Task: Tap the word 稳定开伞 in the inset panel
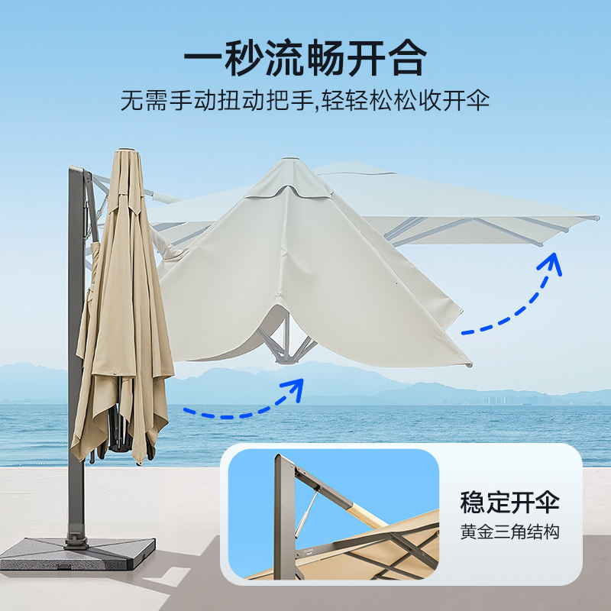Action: [x=509, y=503]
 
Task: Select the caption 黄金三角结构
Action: [x=509, y=532]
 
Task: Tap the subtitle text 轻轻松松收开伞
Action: [x=406, y=101]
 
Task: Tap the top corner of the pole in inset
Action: [x=279, y=458]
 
